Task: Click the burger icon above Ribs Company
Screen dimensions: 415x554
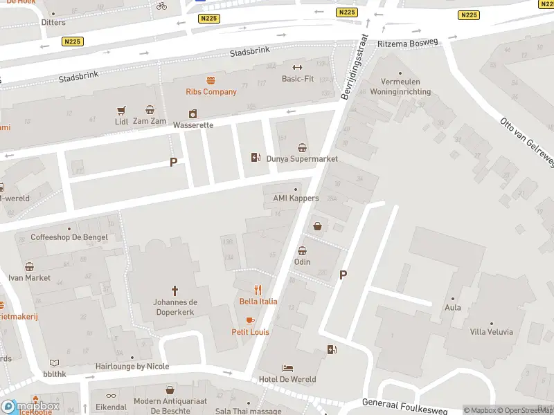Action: point(211,80)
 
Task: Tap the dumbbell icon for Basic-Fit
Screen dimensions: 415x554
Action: point(298,68)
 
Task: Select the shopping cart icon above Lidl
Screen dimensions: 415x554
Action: point(122,110)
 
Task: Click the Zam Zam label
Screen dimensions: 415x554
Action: point(150,121)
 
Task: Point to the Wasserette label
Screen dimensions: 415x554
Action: point(193,125)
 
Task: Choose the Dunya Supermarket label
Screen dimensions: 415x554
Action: point(302,158)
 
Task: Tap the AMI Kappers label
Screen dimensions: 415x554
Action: point(296,199)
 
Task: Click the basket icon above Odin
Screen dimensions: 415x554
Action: point(303,250)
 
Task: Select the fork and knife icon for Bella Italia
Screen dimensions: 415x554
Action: point(258,290)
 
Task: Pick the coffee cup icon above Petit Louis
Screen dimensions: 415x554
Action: point(250,320)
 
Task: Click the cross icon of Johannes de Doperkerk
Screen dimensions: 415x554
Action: point(175,290)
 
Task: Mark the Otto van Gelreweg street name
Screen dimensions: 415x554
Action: point(527,141)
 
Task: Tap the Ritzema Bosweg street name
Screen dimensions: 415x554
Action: point(408,43)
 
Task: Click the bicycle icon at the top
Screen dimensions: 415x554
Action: point(161,6)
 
